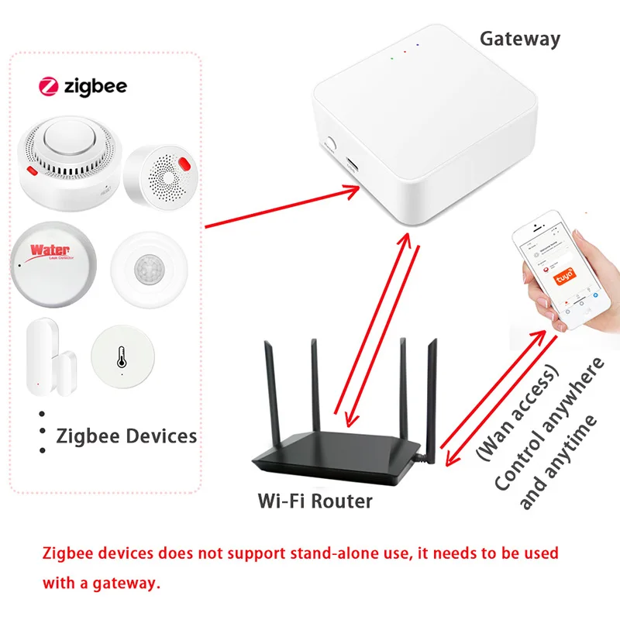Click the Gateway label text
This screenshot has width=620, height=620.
pyautogui.click(x=519, y=38)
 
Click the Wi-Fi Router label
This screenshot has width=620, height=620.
pyautogui.click(x=315, y=501)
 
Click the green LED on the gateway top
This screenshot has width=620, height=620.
pyautogui.click(x=392, y=57)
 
